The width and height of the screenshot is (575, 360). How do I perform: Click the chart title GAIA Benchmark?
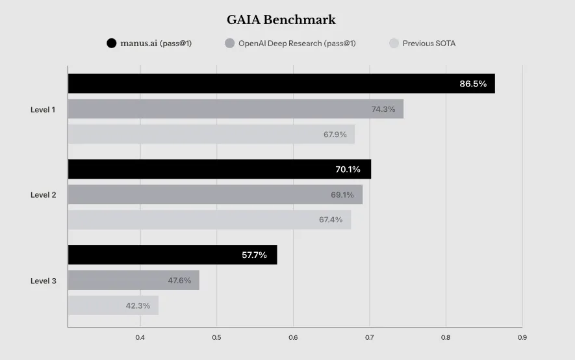[281, 20]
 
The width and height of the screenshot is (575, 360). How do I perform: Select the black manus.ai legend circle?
[112, 44]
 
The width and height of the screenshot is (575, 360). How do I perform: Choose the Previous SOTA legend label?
[429, 44]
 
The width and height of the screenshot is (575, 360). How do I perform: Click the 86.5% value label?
[473, 84]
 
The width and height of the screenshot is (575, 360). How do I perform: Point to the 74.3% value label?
[383, 109]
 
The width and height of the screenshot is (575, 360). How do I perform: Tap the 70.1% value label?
[348, 170]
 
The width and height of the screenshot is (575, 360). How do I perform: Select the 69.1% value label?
[342, 195]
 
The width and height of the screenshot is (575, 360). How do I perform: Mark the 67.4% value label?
[331, 220]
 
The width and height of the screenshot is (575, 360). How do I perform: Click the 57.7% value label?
[254, 255]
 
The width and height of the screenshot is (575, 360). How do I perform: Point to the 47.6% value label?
[179, 281]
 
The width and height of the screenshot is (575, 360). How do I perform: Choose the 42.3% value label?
[138, 305]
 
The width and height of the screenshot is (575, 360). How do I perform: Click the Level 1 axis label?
[43, 109]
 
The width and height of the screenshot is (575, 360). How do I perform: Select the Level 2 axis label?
[43, 195]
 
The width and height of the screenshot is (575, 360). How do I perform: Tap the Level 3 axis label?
[43, 281]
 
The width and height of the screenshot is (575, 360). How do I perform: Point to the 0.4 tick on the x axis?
[140, 338]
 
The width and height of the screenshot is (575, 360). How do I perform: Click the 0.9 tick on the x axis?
[522, 338]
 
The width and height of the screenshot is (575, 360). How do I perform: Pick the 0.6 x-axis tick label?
[292, 338]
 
